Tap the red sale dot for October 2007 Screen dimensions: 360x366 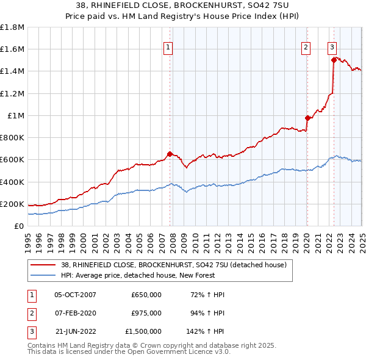[x=170, y=154]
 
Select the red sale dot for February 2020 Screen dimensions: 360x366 [x=307, y=118]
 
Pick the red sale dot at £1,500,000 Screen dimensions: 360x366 [x=334, y=60]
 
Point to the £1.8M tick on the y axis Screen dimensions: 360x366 [x=12, y=27]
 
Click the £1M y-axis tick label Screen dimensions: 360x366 [x=16, y=115]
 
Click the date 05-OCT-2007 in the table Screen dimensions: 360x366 [x=76, y=295]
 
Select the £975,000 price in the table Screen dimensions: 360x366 [x=146, y=313]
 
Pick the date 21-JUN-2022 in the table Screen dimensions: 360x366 [x=76, y=331]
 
